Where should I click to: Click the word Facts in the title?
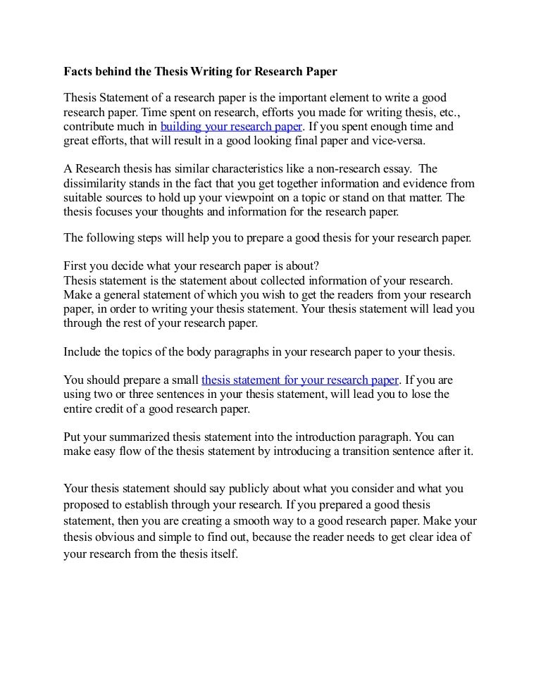79,72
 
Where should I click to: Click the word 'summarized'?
141,436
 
